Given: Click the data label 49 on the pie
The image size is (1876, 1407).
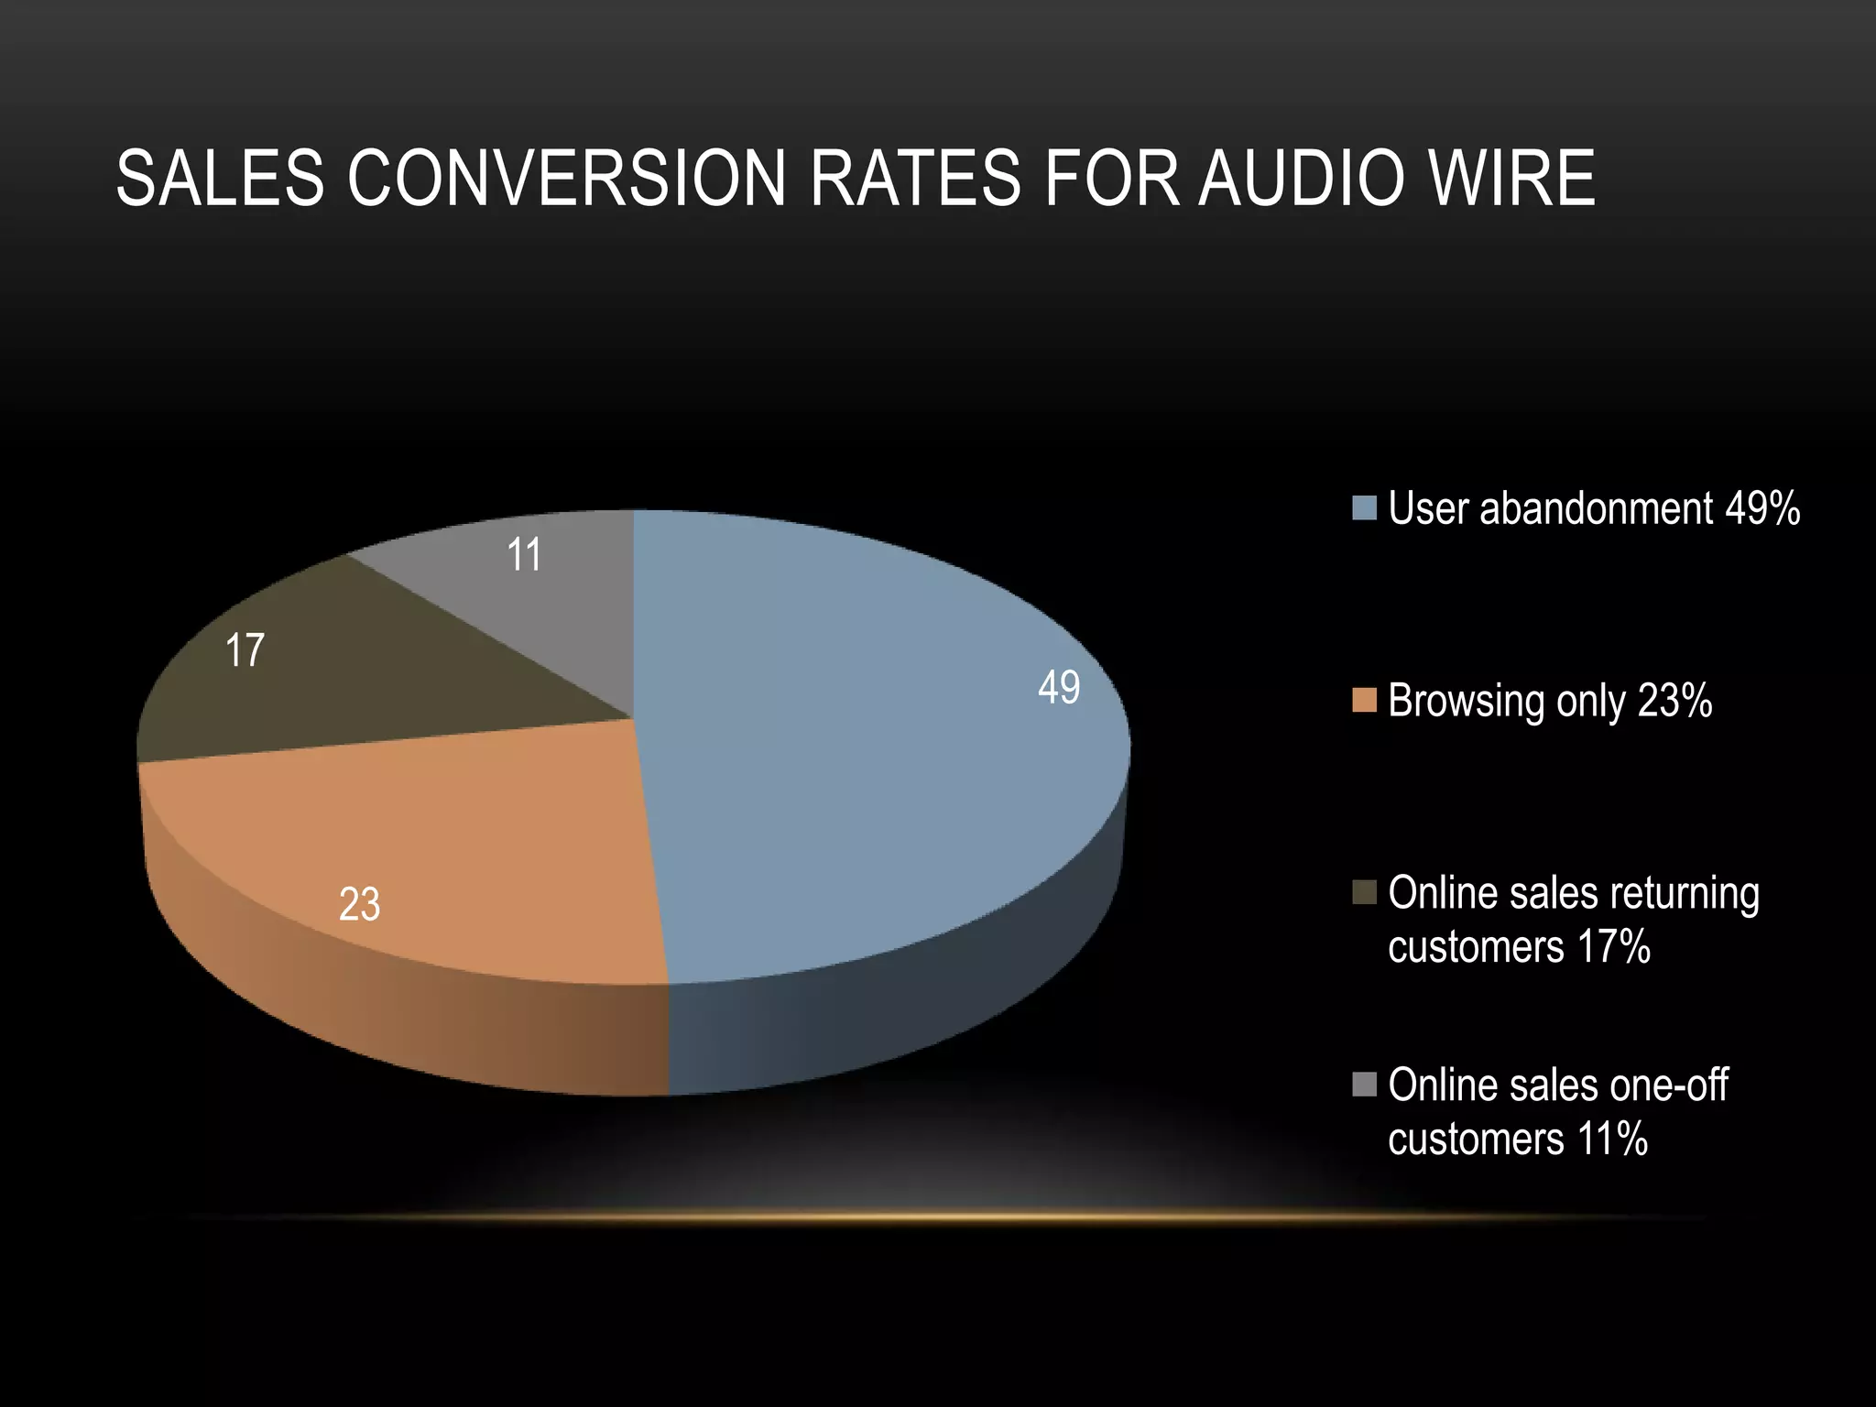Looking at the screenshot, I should click(x=1059, y=687).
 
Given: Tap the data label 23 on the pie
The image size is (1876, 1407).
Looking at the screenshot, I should click(x=359, y=905).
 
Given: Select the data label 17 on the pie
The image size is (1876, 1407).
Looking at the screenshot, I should click(x=245, y=650).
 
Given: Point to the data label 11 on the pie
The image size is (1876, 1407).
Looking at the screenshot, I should click(x=524, y=555).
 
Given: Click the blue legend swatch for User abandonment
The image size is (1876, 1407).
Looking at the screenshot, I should click(x=1365, y=508).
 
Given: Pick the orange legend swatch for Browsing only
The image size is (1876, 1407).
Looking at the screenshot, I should click(x=1365, y=701).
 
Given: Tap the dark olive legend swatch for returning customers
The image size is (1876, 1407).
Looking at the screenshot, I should click(x=1365, y=893).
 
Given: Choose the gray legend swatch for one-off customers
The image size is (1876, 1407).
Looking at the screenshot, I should click(x=1365, y=1085).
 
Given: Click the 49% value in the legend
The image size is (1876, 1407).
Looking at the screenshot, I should click(x=1762, y=508).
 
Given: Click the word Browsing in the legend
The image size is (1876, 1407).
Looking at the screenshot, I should click(x=1466, y=703).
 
